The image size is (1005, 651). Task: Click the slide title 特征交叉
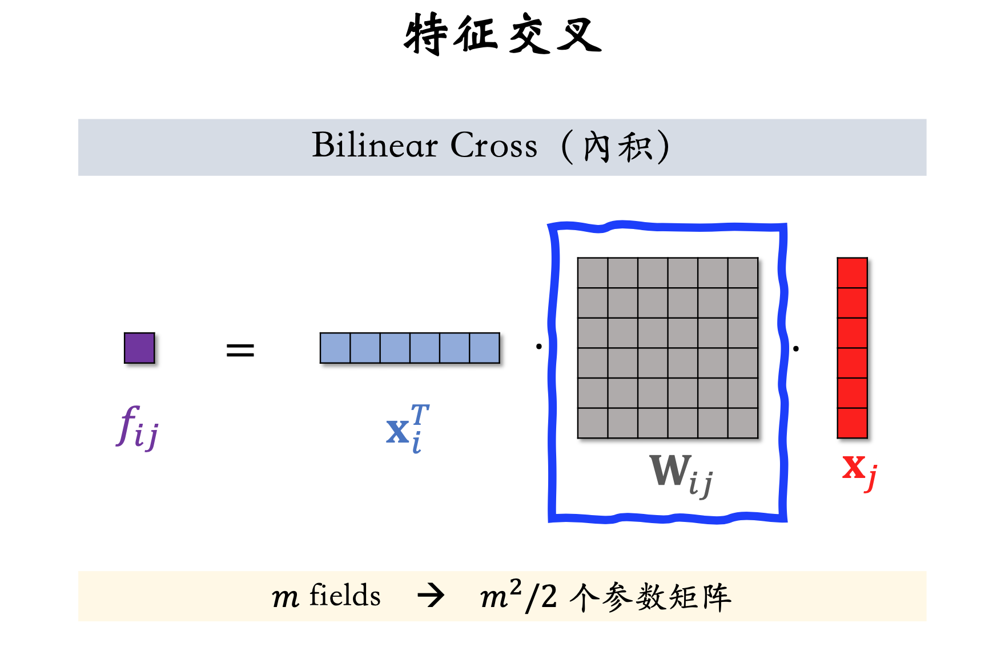(502, 34)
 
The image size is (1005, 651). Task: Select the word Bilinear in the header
(374, 145)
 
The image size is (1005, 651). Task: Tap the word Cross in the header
(494, 145)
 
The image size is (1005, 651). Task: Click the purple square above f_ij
(139, 348)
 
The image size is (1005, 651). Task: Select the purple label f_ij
(138, 428)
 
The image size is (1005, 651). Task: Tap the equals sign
(240, 350)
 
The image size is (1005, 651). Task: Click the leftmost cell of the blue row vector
(335, 348)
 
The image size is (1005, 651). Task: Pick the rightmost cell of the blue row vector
(484, 348)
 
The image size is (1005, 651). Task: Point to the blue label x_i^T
(407, 428)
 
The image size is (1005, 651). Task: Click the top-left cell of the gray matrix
(593, 273)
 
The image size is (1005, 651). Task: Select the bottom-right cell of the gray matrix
(743, 423)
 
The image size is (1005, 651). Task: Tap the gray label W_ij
(681, 474)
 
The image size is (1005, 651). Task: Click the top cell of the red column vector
(852, 273)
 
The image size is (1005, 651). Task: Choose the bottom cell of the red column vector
(852, 423)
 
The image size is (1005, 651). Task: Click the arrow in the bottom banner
(431, 596)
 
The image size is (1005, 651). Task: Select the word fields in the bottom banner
(345, 596)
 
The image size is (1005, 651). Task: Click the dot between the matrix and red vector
(795, 348)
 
